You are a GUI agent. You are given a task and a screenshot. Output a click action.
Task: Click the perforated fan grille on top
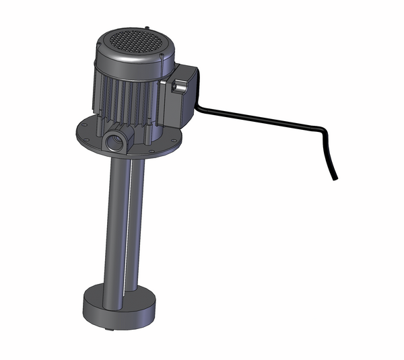[132, 41]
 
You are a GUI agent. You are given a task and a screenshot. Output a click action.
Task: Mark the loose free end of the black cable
[335, 177]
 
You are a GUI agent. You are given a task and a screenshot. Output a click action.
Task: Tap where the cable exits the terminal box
[197, 107]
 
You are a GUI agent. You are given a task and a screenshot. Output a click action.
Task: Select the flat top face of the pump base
[101, 295]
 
